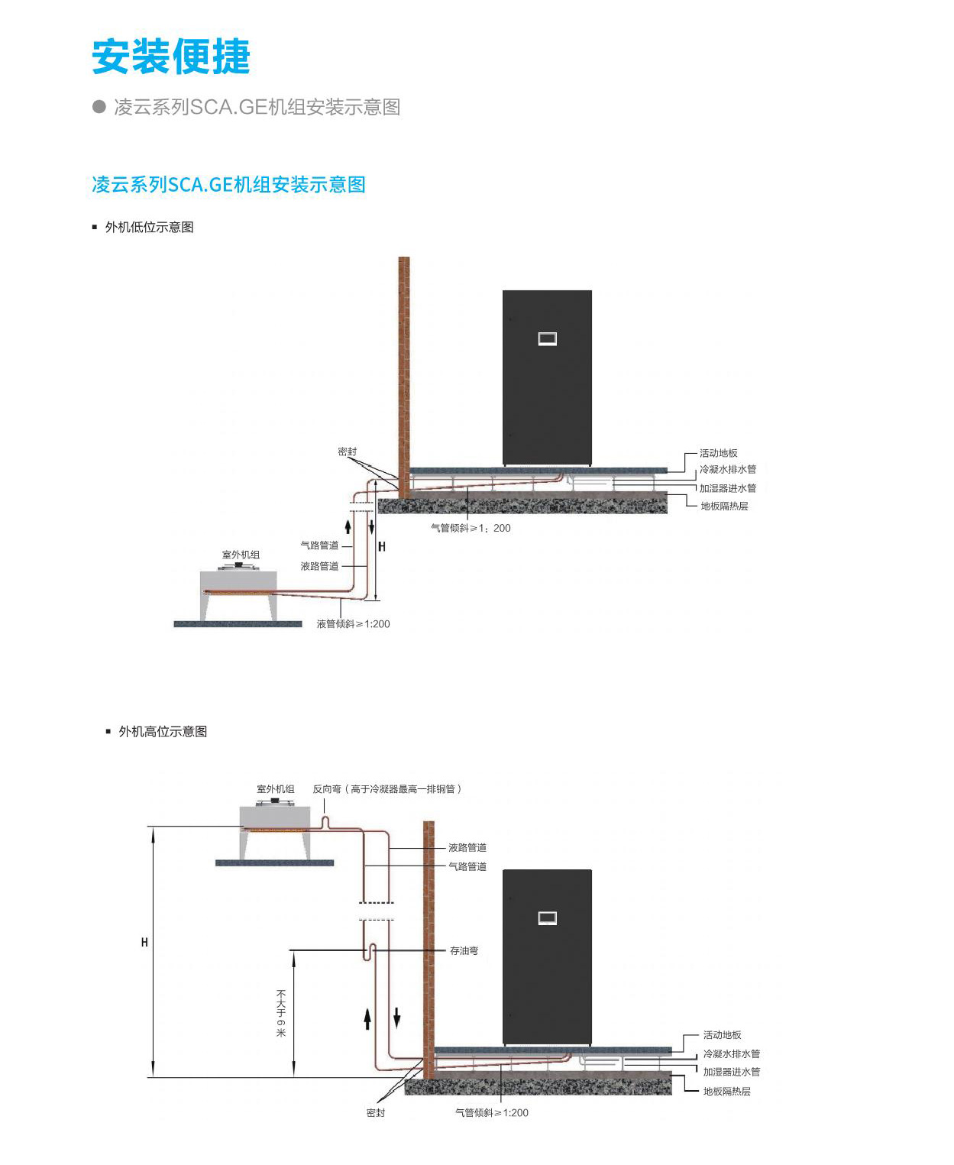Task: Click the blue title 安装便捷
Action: point(171,57)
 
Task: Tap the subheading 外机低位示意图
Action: point(149,227)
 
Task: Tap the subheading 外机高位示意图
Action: point(163,731)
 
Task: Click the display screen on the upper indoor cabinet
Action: point(547,338)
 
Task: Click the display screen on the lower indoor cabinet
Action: point(547,917)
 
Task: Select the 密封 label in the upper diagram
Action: point(348,451)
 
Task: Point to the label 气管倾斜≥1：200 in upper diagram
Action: point(471,528)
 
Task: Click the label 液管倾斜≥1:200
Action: point(353,624)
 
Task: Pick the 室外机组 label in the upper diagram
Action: point(241,555)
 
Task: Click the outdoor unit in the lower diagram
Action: point(275,829)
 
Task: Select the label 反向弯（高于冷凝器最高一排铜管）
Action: point(386,789)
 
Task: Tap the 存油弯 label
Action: point(464,951)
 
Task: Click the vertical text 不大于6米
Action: point(281,1013)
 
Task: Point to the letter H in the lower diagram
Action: point(144,943)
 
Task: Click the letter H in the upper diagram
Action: point(382,546)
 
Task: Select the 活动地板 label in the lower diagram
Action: point(722,1035)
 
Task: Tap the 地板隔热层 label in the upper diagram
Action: point(724,506)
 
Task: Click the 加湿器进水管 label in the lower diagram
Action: point(731,1072)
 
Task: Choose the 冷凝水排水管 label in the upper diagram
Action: point(727,469)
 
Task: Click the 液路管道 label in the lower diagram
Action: point(467,847)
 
